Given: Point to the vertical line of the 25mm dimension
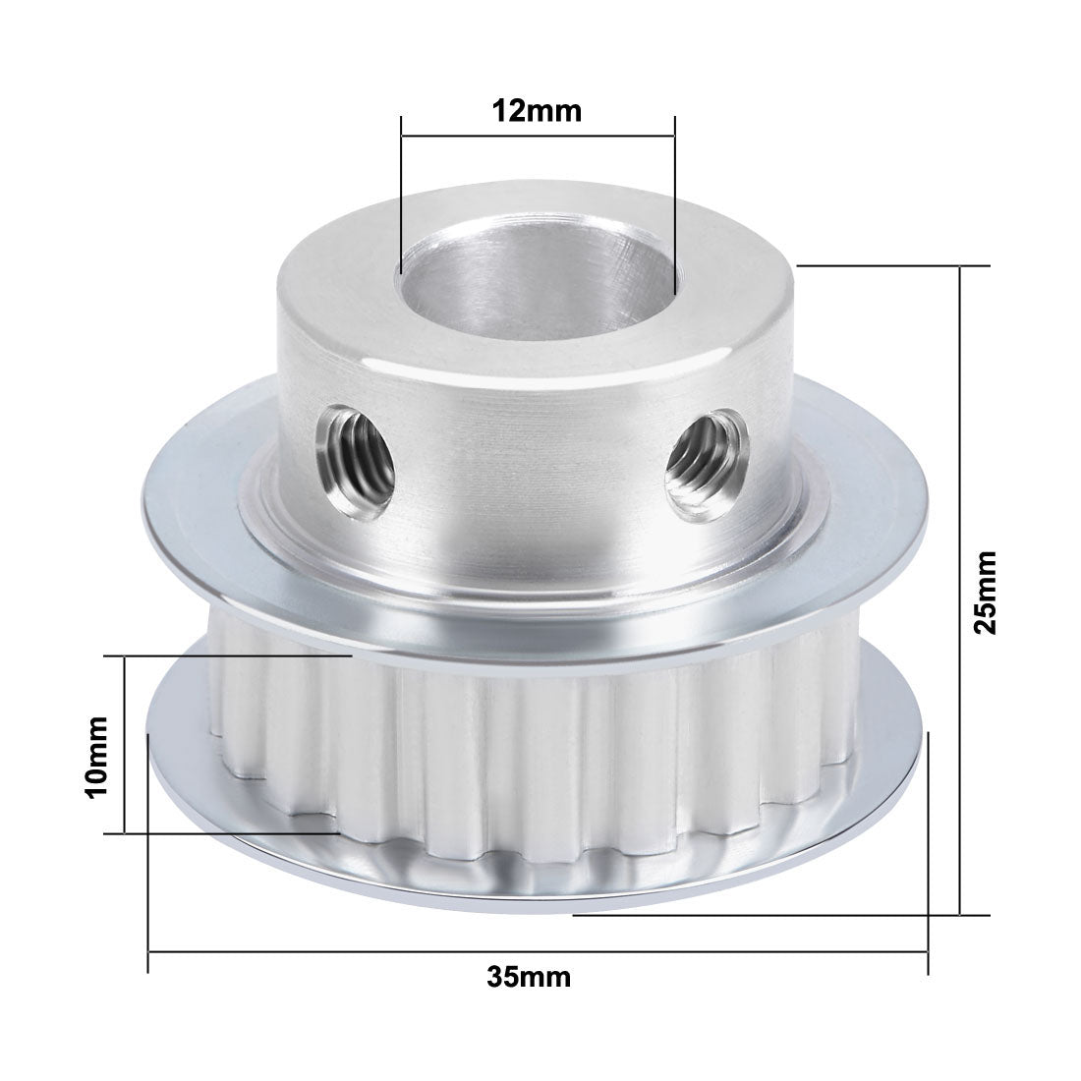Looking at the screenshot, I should click(x=960, y=590).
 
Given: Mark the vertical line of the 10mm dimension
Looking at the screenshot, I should click(x=125, y=745).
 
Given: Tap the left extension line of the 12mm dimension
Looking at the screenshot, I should click(x=401, y=197).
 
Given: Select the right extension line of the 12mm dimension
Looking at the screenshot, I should click(x=675, y=197).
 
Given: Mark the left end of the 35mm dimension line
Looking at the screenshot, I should click(x=148, y=951).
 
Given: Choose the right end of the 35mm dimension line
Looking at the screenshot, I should click(x=927, y=951).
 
